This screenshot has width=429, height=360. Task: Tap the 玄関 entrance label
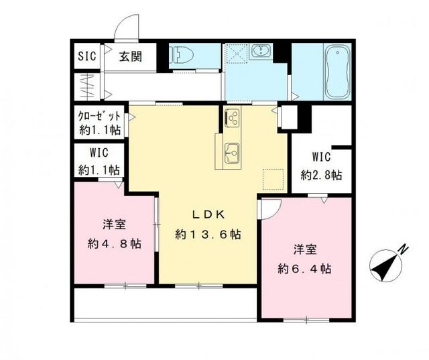(x=130, y=56)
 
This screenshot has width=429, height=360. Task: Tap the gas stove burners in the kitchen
(x=233, y=118)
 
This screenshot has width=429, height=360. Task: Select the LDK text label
(x=208, y=215)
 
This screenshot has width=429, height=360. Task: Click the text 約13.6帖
(x=208, y=235)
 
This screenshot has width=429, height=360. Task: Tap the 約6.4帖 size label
(x=306, y=269)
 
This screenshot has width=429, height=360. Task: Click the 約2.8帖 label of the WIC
(x=321, y=176)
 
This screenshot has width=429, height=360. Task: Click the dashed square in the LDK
(x=273, y=180)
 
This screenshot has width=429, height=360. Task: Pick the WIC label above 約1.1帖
(x=96, y=154)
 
